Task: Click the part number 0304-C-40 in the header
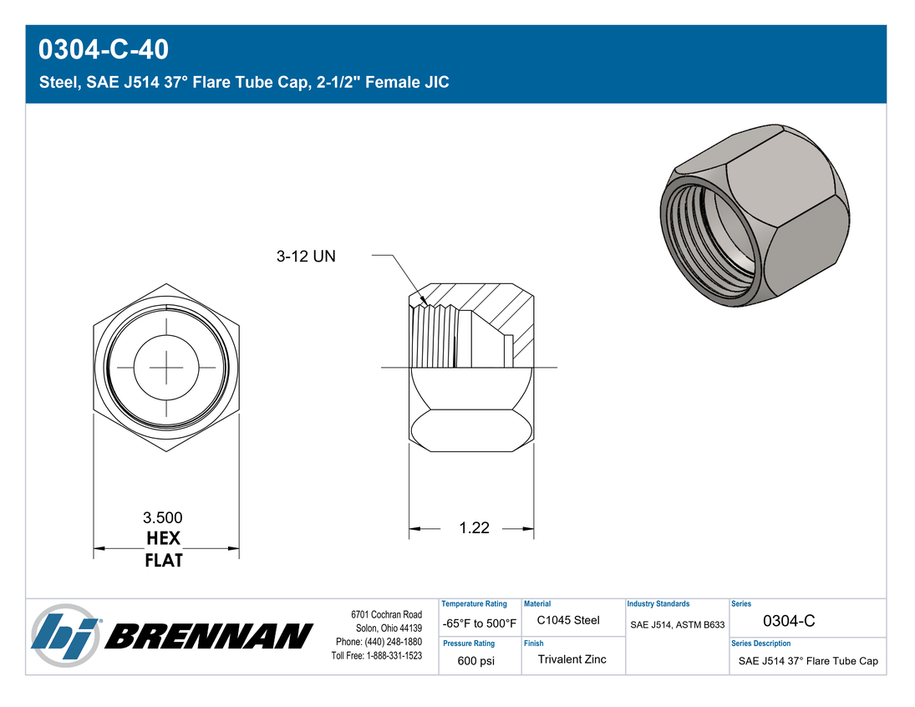point(104,49)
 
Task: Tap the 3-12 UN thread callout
point(306,257)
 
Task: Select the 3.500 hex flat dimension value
point(163,517)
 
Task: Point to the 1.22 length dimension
point(474,528)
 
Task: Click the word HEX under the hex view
point(164,538)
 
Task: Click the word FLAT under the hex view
point(164,561)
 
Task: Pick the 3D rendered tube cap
point(755,215)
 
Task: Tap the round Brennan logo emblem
point(65,636)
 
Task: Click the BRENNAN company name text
point(209,636)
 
